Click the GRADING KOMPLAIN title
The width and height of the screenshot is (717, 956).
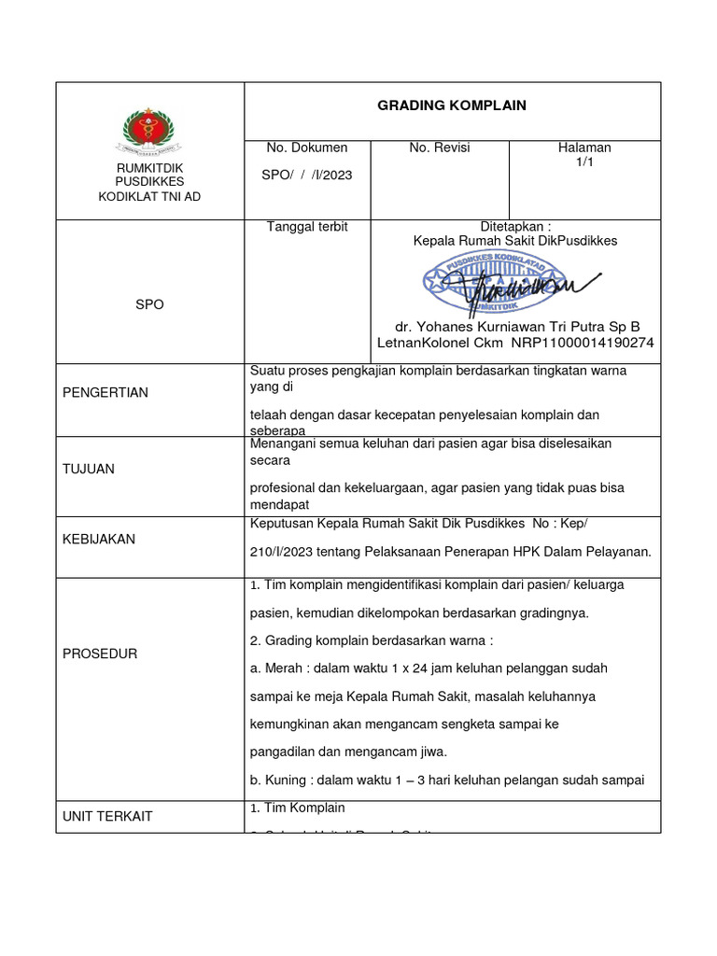pos(452,105)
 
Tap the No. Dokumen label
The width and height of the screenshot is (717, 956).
pos(307,148)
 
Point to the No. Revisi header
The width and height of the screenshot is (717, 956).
pos(440,148)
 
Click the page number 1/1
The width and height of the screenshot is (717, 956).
pos(584,162)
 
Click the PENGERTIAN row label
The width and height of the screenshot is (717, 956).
pos(105,392)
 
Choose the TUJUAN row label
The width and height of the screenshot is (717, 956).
pos(89,469)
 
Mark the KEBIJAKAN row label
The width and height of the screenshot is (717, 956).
pos(99,539)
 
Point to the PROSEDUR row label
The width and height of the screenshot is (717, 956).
pos(100,654)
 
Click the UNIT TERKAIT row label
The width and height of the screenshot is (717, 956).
pos(107,816)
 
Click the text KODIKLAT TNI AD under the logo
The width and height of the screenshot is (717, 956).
pos(149,196)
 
